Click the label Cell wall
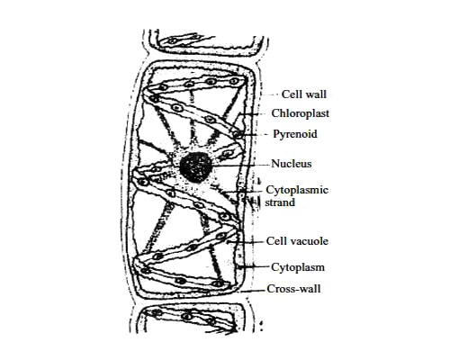click(304, 94)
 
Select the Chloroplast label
click(301, 113)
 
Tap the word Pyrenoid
click(295, 134)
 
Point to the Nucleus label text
click(292, 164)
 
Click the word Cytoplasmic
click(297, 190)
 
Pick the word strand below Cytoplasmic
click(280, 202)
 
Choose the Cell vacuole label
click(297, 241)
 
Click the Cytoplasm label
click(298, 267)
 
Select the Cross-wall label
click(294, 289)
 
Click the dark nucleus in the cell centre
click(196, 167)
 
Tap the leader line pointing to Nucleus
click(240, 165)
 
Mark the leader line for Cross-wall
click(254, 291)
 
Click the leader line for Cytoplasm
click(254, 266)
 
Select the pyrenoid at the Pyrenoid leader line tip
click(238, 134)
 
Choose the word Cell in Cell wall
click(292, 94)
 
